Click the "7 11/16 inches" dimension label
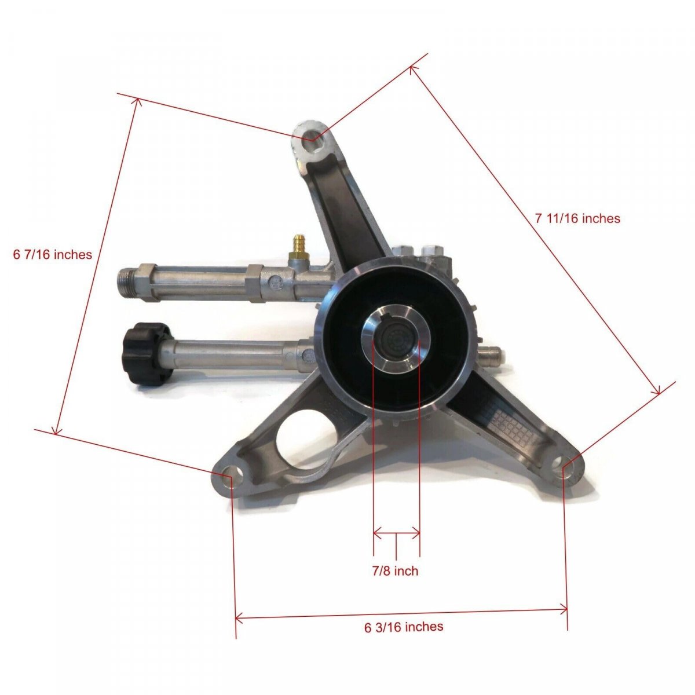click(x=577, y=218)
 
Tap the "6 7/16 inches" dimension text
click(x=53, y=255)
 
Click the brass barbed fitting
click(x=299, y=248)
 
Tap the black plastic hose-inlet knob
click(x=145, y=354)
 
